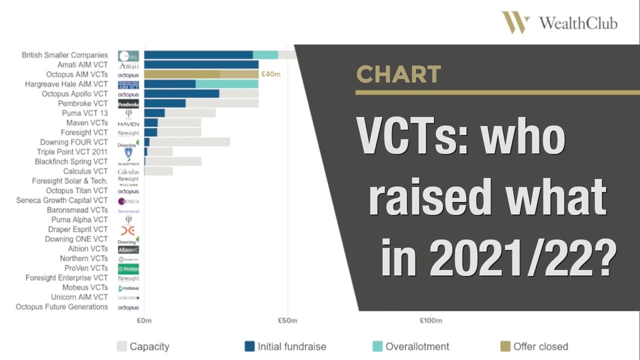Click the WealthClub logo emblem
pyautogui.click(x=515, y=23)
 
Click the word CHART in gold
pyautogui.click(x=398, y=74)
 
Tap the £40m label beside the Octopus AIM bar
pyautogui.click(x=270, y=74)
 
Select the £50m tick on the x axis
pyautogui.click(x=287, y=320)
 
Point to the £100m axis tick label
pyautogui.click(x=430, y=320)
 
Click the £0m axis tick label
pyautogui.click(x=144, y=320)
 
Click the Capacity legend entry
pyautogui.click(x=143, y=346)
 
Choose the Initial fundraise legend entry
pyautogui.click(x=285, y=346)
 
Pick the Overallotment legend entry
pyautogui.click(x=411, y=346)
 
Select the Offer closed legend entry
pyautogui.click(x=534, y=346)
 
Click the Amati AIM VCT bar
pyautogui.click(x=201, y=65)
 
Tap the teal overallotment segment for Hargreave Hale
pyautogui.click(x=226, y=84)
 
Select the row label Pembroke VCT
pyautogui.click(x=82, y=103)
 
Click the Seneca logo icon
pyautogui.click(x=128, y=201)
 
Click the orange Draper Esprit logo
pyautogui.click(x=128, y=230)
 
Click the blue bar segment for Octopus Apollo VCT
pyautogui.click(x=181, y=94)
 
